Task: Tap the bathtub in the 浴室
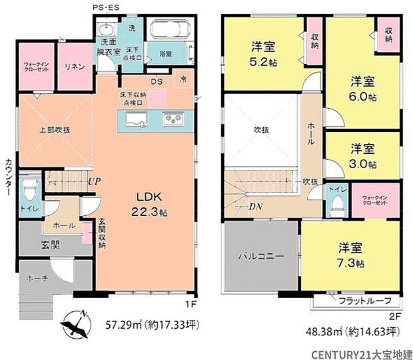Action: click(169, 31)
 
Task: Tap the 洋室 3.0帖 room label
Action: click(363, 155)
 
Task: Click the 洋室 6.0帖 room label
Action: click(363, 89)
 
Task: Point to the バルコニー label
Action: click(262, 255)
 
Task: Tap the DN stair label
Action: click(255, 207)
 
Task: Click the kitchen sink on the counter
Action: click(137, 120)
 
